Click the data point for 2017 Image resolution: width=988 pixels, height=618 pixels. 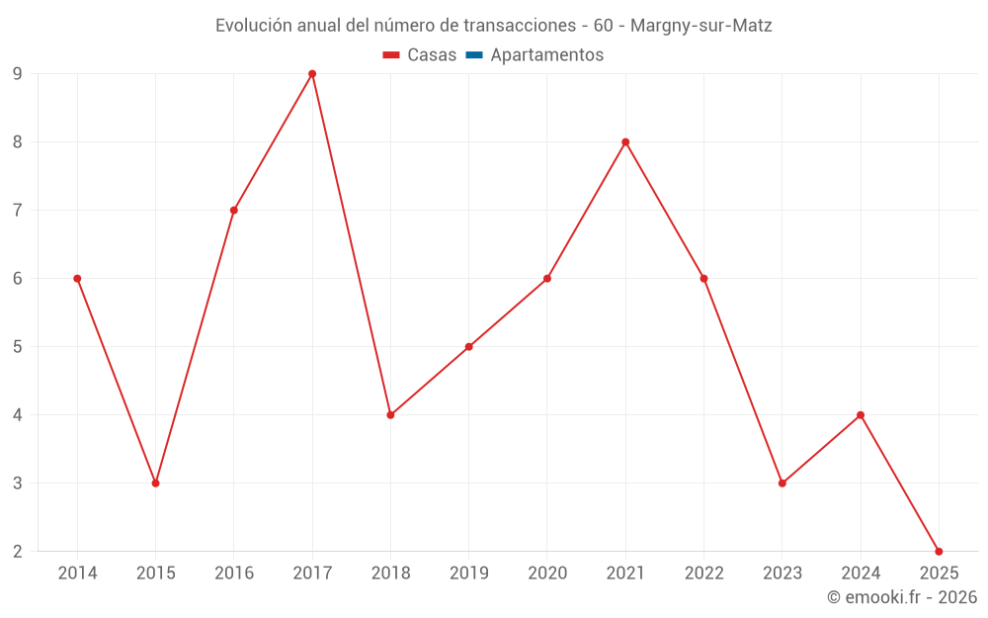point(312,74)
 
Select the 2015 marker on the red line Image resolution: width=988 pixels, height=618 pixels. point(155,483)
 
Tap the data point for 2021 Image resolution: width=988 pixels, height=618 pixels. point(625,142)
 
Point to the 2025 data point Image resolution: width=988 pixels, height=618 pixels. point(939,551)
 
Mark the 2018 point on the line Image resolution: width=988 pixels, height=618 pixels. point(390,415)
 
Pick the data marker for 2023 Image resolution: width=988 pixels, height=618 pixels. point(782,483)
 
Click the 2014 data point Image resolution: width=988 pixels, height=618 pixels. point(77,279)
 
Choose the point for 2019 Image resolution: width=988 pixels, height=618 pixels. point(468,347)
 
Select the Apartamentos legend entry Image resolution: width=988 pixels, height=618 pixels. point(546,55)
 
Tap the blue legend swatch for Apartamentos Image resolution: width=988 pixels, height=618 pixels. point(473,55)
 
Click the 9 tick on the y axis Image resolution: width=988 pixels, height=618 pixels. point(18,74)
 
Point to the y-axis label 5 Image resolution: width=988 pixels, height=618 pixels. point(18,347)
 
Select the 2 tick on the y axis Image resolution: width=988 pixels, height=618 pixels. point(18,552)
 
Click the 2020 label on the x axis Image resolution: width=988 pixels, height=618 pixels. point(547,574)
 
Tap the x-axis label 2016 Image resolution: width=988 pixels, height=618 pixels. point(234,574)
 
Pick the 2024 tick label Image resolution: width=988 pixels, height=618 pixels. point(861,574)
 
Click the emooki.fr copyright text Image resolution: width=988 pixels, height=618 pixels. point(902,597)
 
